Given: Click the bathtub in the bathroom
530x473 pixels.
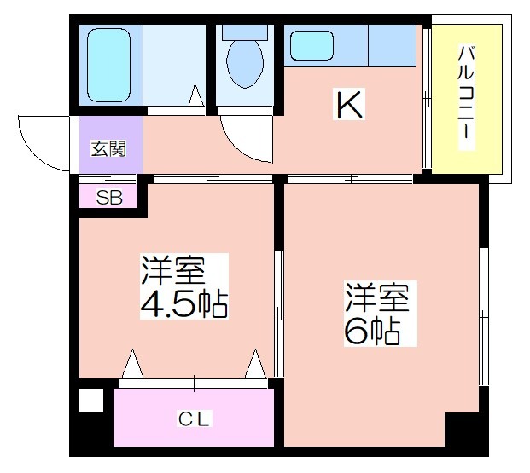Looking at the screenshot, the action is pos(108,65).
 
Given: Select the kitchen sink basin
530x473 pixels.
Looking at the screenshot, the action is pos(312,45).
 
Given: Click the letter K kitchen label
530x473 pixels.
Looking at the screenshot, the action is pos(349,104).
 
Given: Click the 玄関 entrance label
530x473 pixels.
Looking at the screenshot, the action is pos(108,148).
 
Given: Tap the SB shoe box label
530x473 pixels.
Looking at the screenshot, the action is pos(109,198).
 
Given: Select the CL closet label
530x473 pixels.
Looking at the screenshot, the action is pos(194,419).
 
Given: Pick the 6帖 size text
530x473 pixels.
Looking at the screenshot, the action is pos(372,331).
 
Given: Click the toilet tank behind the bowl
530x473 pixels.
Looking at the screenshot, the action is pos(245,32).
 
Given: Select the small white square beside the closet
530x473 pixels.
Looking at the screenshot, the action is pos(91,401).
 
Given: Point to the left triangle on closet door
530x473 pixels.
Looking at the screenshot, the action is pos(132,364).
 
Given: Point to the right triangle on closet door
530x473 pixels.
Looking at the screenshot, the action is pos(255,364).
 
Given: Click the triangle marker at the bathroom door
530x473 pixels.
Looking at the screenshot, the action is pos(196,95).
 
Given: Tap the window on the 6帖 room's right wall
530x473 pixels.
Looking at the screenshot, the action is pos(484,317).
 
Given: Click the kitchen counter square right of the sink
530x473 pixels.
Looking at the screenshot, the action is pos(392,45).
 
